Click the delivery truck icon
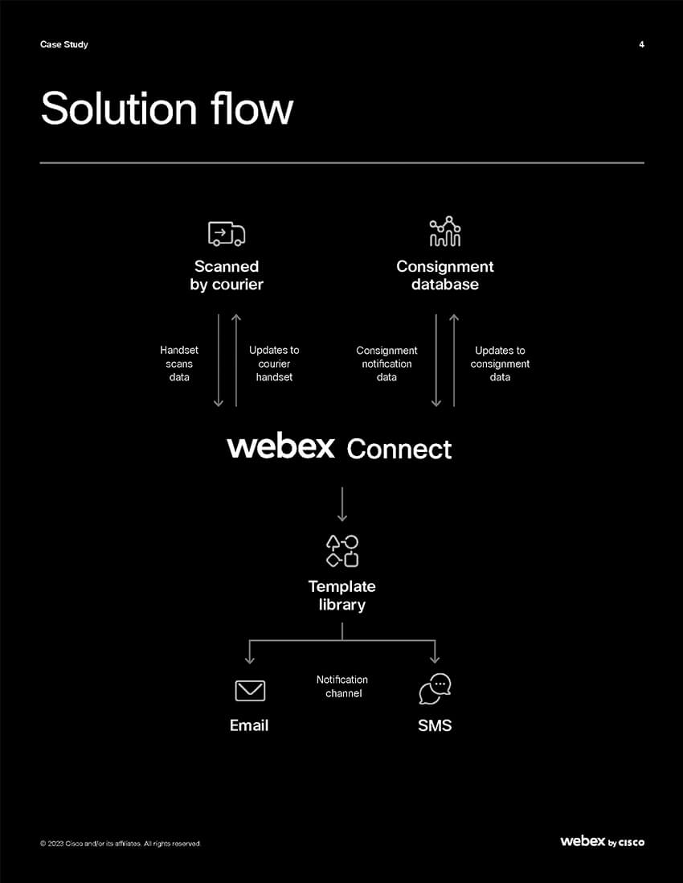[x=227, y=233]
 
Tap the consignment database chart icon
[x=445, y=232]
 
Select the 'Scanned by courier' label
[x=227, y=275]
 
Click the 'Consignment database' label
[x=445, y=275]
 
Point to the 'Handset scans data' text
[x=179, y=363]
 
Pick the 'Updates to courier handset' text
[x=274, y=363]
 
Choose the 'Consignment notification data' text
[x=386, y=363]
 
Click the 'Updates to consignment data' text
[x=500, y=363]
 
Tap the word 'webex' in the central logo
[x=281, y=446]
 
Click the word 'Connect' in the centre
[x=399, y=449]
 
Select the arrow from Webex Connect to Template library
[x=342, y=503]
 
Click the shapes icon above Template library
[x=342, y=551]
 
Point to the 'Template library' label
[x=342, y=595]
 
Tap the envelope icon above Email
[x=250, y=690]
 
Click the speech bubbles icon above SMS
[x=435, y=689]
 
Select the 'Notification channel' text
[x=342, y=686]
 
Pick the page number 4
[x=641, y=44]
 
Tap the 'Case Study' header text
[x=64, y=44]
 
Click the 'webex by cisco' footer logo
[x=602, y=841]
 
